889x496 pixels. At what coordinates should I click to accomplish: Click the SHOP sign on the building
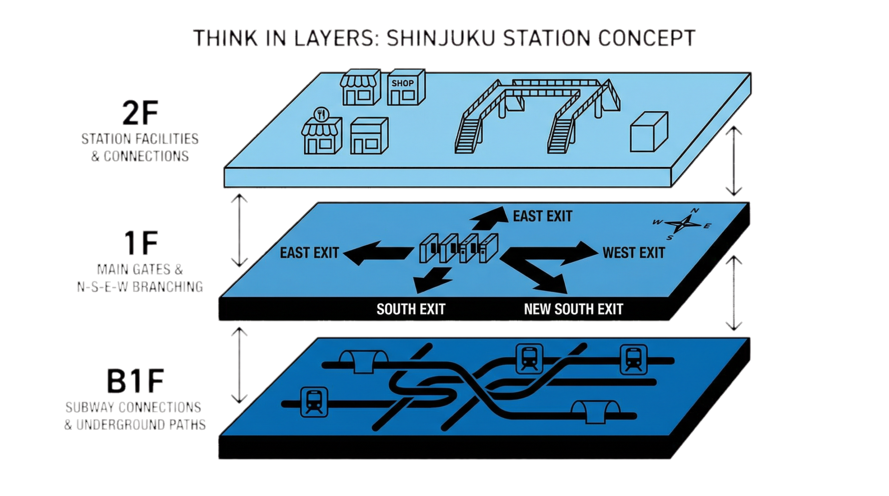point(402,83)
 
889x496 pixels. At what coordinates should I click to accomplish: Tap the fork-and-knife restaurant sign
point(321,114)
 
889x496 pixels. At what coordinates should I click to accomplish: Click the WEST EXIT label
point(634,253)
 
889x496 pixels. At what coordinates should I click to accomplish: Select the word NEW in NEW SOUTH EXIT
point(538,309)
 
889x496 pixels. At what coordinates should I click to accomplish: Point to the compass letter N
point(695,211)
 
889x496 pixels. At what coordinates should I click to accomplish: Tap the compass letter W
point(657,222)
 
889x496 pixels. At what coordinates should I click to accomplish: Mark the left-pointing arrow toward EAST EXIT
point(375,254)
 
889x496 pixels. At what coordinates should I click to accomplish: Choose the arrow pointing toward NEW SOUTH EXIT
point(542,279)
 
